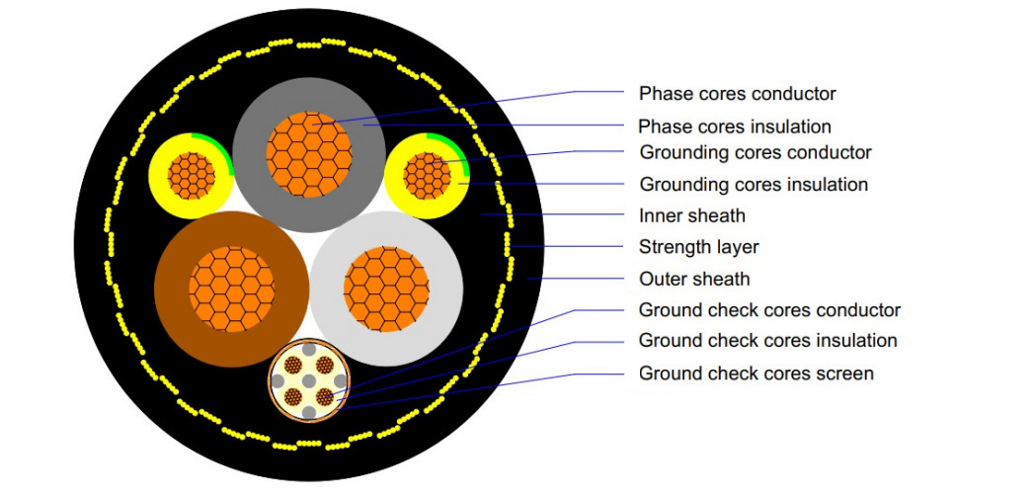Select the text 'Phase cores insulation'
click(734, 126)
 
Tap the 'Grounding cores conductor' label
click(756, 153)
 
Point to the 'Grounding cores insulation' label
click(754, 185)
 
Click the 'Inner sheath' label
click(691, 215)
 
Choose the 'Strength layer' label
click(698, 247)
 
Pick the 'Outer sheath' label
click(694, 279)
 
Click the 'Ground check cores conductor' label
click(769, 310)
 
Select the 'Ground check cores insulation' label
click(767, 341)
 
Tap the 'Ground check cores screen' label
click(756, 374)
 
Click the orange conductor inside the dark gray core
click(308, 154)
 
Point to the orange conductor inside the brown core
click(231, 288)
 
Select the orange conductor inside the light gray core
click(385, 289)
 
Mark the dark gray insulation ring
click(255, 154)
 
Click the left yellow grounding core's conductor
click(192, 177)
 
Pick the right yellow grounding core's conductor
click(426, 175)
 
